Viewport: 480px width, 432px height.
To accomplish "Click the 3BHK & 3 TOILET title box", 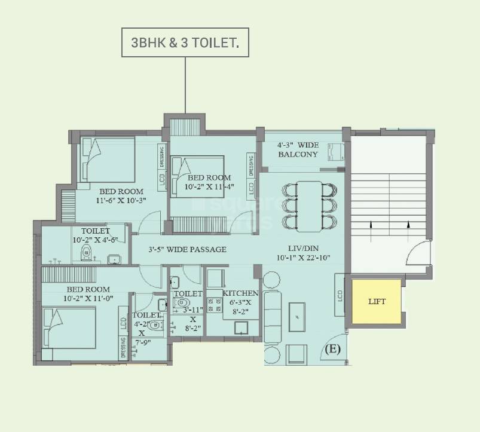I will click(x=185, y=42).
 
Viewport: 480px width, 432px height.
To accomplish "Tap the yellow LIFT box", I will click(x=377, y=301).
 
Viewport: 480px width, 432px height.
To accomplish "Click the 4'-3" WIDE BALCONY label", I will click(x=298, y=149).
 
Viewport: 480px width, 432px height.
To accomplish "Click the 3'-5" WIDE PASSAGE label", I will click(x=187, y=249).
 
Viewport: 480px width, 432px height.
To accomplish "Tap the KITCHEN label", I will click(x=240, y=293).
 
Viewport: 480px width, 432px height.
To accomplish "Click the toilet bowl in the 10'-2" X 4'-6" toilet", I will click(x=85, y=253).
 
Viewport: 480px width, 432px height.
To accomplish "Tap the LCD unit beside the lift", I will click(x=340, y=295).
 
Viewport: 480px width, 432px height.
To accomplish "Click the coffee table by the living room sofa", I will click(x=297, y=316).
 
